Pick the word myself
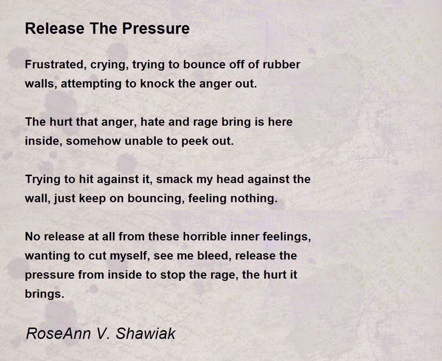126,256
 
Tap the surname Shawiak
145,333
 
